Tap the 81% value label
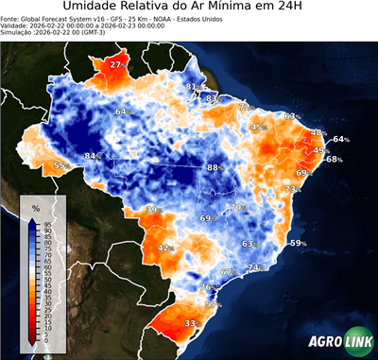[192, 87]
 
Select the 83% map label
[213, 98]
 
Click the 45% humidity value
[258, 128]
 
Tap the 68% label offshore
[335, 160]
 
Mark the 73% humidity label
[293, 189]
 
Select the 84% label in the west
[93, 156]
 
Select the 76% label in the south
[207, 287]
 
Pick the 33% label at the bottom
[191, 323]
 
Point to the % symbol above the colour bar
[35, 207]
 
